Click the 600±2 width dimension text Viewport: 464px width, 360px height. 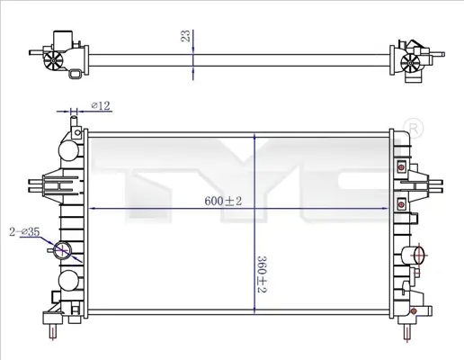[x=223, y=201]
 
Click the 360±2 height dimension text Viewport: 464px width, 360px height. [x=262, y=274]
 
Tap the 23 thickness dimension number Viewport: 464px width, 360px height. [x=186, y=36]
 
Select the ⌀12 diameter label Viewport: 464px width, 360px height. [x=101, y=105]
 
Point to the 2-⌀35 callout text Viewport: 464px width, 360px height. [x=24, y=231]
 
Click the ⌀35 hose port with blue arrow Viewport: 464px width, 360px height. [x=62, y=250]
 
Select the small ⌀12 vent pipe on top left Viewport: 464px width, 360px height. [x=74, y=124]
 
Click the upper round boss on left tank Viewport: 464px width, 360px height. [x=68, y=150]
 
